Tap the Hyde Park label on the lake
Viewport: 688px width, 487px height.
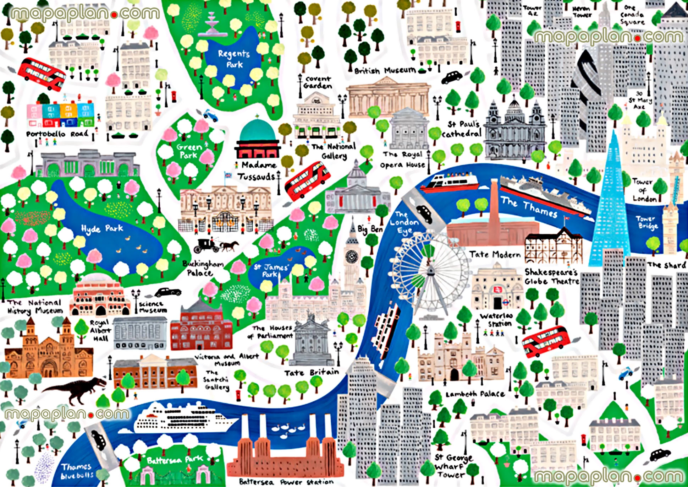102,229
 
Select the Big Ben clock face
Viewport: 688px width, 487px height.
352,256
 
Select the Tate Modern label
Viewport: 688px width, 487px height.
495,255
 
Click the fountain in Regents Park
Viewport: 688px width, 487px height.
212,25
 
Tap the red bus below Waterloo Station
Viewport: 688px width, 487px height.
546,341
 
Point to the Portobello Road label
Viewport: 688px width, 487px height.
57,134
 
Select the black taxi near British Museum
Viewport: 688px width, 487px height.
452,77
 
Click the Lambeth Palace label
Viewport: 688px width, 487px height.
475,394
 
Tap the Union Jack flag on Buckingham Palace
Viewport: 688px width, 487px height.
227,175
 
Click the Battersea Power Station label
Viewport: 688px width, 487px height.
286,482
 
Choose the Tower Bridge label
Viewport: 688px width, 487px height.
647,222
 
